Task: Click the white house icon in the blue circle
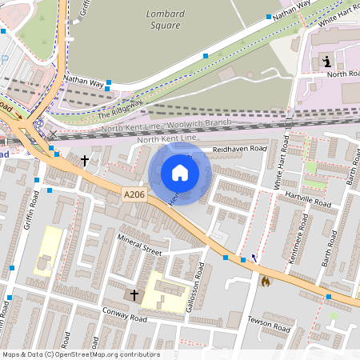(180, 172)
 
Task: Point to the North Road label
(342, 74)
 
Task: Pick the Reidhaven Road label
(239, 149)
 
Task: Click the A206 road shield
(134, 194)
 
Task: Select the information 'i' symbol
(326, 62)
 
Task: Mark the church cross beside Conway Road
(134, 295)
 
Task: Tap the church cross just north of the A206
(85, 160)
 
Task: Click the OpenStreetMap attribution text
(80, 354)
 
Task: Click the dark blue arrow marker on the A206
(254, 258)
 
